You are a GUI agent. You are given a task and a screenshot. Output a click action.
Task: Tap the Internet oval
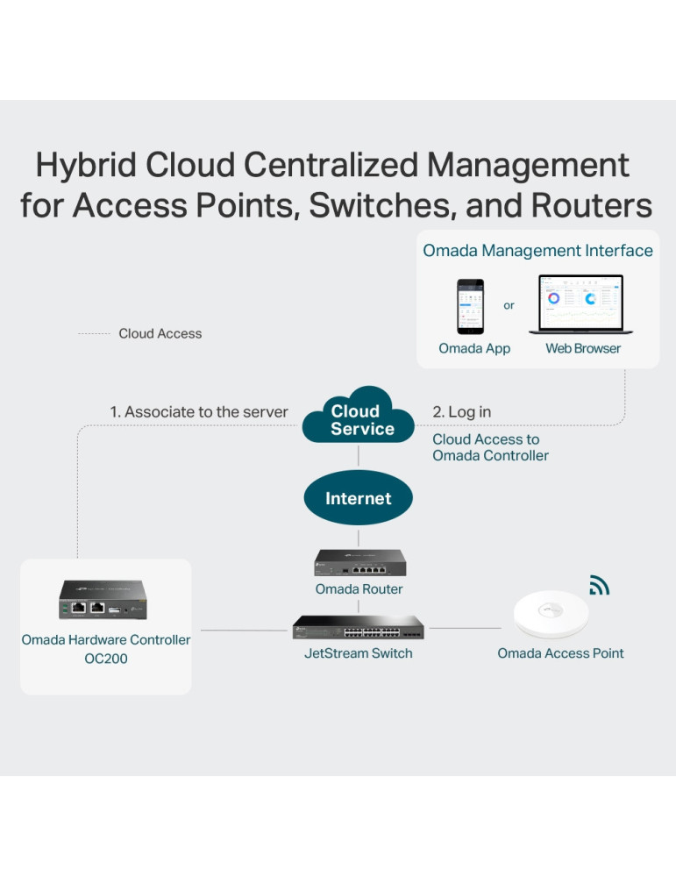tap(358, 498)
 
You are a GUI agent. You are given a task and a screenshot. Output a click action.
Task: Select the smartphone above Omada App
tap(471, 306)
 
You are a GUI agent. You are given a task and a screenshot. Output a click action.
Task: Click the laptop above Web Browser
tap(576, 305)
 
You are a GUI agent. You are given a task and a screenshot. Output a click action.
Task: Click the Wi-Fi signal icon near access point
tap(599, 585)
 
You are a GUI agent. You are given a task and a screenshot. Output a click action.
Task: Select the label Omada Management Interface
tap(537, 251)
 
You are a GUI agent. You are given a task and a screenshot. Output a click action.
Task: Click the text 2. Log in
tap(462, 412)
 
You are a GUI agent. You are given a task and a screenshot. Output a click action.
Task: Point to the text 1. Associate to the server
tap(199, 412)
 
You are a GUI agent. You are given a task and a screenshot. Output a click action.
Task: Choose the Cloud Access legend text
tap(160, 334)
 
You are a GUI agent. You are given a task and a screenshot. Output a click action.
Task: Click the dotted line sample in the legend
tap(94, 334)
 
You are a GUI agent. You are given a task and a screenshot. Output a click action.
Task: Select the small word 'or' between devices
tap(509, 305)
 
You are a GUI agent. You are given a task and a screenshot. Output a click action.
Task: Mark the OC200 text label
tap(106, 659)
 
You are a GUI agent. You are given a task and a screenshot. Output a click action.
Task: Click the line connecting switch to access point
tap(466, 629)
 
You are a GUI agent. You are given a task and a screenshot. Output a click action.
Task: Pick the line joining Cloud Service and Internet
tap(359, 456)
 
